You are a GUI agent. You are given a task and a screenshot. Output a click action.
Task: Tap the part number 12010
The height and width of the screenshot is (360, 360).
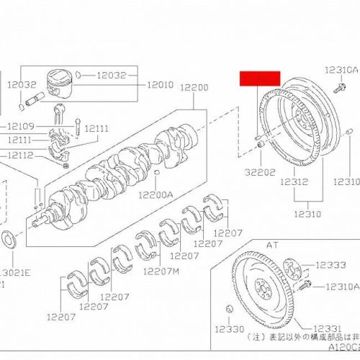pyautogui.click(x=160, y=84)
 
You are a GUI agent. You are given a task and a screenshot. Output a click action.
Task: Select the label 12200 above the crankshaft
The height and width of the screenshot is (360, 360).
pyautogui.click(x=194, y=87)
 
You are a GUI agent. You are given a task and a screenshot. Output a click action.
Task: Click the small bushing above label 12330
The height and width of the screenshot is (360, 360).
pyautogui.click(x=229, y=309)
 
